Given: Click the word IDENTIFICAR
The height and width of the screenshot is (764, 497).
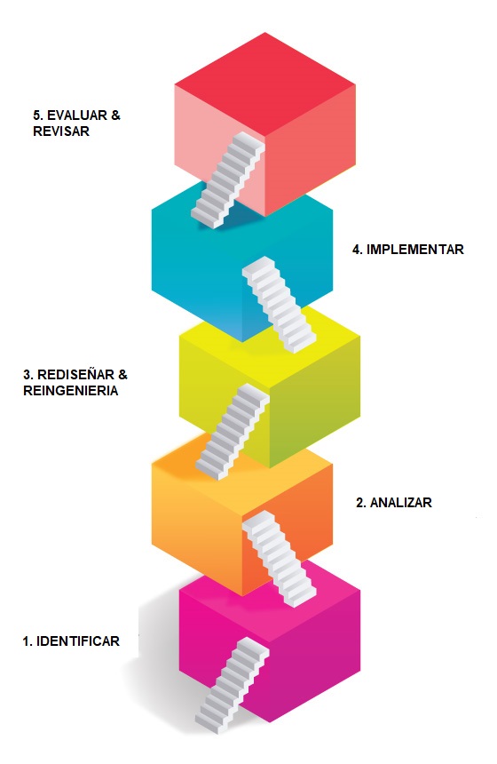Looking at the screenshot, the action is pyautogui.click(x=78, y=641).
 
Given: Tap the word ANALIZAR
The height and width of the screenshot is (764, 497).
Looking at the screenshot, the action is pyautogui.click(x=400, y=503).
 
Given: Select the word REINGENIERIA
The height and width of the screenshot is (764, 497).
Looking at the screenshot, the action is pyautogui.click(x=71, y=391).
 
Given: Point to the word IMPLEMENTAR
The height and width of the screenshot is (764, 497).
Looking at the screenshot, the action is pyautogui.click(x=414, y=250).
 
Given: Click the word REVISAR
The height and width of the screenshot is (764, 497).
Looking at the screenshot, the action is pyautogui.click(x=61, y=131).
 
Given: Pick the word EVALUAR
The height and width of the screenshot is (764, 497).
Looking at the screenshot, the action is pyautogui.click(x=77, y=115).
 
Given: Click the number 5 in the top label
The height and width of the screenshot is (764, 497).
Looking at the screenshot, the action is pyautogui.click(x=37, y=115).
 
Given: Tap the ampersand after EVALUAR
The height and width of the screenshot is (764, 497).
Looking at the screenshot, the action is pyautogui.click(x=115, y=115).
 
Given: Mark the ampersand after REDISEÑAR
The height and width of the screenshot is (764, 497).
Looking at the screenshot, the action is pyautogui.click(x=122, y=375).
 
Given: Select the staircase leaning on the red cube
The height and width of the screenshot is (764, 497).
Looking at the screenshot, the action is pyautogui.click(x=227, y=180).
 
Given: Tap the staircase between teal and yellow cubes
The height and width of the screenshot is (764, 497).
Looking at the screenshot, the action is pyautogui.click(x=279, y=305).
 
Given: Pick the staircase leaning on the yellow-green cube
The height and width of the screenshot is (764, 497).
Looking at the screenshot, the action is pyautogui.click(x=232, y=432).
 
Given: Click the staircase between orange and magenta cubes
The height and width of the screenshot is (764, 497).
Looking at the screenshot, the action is pyautogui.click(x=279, y=559).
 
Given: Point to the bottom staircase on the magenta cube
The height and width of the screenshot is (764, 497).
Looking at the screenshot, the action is pyautogui.click(x=232, y=686).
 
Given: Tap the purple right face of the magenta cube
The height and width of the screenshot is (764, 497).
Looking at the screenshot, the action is pyautogui.click(x=317, y=657).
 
